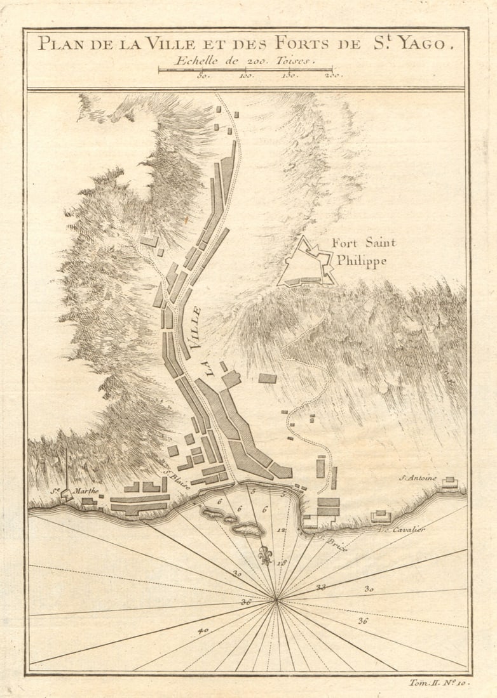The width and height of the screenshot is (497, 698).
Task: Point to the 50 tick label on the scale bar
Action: pos(203,76)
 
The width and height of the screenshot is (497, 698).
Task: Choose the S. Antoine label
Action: pos(418,478)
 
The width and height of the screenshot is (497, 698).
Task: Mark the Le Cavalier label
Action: pos(401,529)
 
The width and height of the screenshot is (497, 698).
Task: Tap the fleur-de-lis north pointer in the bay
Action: pos(265,555)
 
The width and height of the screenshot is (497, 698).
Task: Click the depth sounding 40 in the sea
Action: pos(203,631)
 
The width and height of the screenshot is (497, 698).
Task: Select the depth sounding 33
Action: pos(320,587)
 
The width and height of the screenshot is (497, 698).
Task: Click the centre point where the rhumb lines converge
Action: pos(276,598)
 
